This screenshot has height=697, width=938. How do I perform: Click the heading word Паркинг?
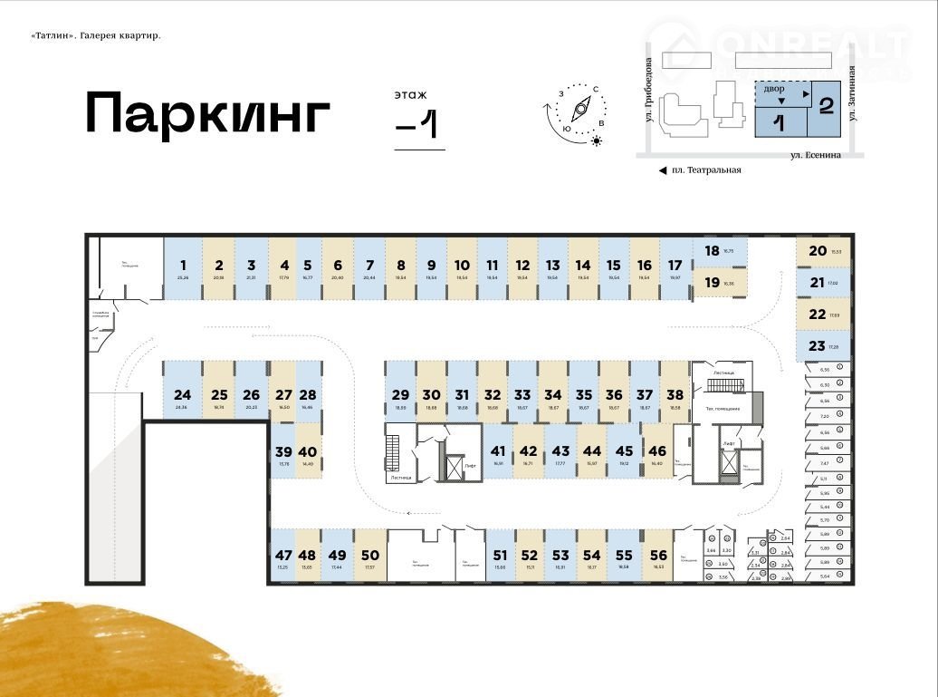pos(207,113)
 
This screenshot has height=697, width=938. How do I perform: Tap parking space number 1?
pos(183,268)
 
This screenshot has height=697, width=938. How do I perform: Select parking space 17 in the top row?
pos(675,268)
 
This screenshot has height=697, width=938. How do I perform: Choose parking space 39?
pos(283,455)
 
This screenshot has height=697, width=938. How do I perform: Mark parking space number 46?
pos(658,455)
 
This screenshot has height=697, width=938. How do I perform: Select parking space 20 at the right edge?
pos(823,252)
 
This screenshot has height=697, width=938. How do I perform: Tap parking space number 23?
pos(823,345)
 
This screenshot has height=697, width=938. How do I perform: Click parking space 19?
pos(720,283)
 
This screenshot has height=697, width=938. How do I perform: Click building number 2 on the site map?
pos(825,105)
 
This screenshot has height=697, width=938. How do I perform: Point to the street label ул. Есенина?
pos(815,155)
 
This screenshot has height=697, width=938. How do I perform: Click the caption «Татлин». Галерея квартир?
pos(95,36)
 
